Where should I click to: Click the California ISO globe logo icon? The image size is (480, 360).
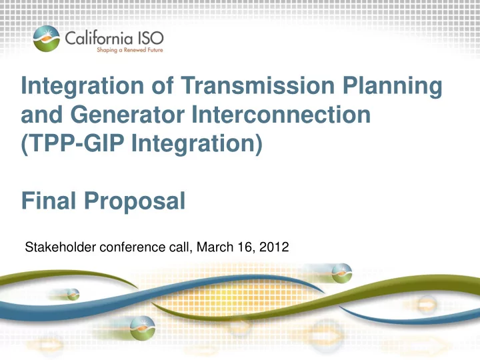(47, 39)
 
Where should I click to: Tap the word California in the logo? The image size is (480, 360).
(99, 38)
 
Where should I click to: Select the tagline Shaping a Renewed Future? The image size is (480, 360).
(130, 50)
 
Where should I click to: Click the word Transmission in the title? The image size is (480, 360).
(257, 85)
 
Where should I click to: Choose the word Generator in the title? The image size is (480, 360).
(127, 114)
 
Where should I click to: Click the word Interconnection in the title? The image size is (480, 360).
(281, 114)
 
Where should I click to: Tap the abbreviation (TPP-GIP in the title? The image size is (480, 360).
(73, 143)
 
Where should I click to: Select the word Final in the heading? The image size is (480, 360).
(49, 201)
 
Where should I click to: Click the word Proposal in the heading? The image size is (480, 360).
(135, 202)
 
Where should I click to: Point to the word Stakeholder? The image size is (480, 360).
(61, 247)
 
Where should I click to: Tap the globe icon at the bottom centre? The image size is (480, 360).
(143, 328)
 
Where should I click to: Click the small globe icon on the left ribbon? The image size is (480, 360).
(73, 295)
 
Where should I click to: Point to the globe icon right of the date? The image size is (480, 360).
(341, 273)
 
